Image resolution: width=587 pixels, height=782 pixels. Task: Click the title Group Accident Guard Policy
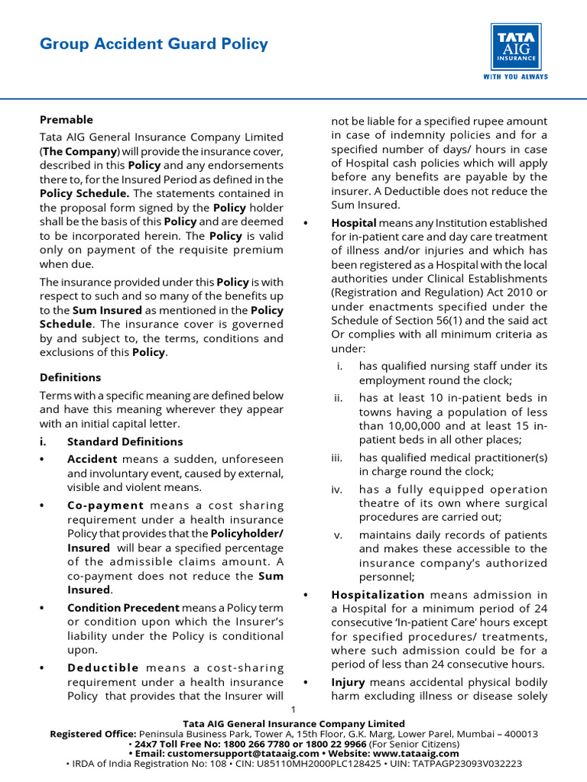[154, 44]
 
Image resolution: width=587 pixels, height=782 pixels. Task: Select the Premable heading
[66, 120]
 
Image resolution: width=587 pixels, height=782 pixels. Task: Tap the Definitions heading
[70, 377]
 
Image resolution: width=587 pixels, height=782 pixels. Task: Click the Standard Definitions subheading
[125, 441]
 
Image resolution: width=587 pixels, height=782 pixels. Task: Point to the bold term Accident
[92, 459]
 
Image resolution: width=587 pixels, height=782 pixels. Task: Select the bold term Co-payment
[105, 505]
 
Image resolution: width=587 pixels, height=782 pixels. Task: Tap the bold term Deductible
[103, 667]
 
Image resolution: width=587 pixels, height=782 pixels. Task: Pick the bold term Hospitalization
[378, 594]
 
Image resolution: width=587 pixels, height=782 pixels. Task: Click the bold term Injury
[348, 682]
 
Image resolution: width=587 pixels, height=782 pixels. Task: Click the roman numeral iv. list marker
[336, 490]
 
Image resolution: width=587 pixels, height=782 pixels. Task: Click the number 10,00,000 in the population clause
[397, 425]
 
